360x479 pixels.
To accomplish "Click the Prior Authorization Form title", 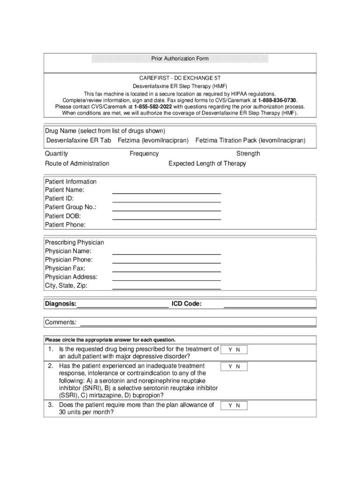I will tap(180, 58).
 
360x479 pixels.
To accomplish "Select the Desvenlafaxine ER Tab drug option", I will tap(79, 140).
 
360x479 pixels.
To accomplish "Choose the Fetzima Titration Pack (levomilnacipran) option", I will tap(250, 140).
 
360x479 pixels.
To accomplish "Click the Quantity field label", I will tap(56, 153).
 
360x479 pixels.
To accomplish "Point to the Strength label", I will tap(248, 153).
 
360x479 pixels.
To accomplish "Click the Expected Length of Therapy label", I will tap(207, 163).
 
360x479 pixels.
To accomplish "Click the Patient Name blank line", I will tap(166, 192).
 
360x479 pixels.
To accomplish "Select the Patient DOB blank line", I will tap(166, 218).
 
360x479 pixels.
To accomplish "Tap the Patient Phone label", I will tap(65, 225).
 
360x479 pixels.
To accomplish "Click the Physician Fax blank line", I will tap(166, 270).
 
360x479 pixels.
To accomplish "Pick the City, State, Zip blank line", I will tap(166, 287).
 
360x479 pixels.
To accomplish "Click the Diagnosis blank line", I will tap(123, 306).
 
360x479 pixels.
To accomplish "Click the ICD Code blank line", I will tap(270, 306).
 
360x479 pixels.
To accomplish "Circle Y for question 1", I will tap(230, 350).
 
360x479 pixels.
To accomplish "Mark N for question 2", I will tap(238, 367).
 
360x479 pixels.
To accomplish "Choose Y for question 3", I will tap(230, 406).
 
